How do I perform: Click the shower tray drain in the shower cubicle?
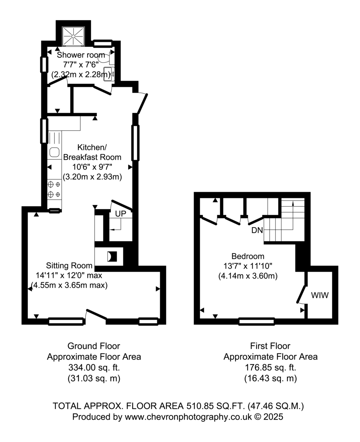click(73, 36)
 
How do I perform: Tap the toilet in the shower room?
click(106, 58)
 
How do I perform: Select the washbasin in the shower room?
click(109, 74)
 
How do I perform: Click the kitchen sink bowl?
click(54, 152)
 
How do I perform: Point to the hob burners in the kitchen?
click(54, 189)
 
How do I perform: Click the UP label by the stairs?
click(120, 214)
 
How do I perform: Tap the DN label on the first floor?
click(257, 230)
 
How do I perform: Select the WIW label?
click(320, 295)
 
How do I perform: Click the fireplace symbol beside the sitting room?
click(112, 256)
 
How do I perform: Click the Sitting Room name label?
click(69, 266)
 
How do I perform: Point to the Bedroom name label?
click(248, 256)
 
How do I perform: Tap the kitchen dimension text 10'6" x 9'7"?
click(92, 167)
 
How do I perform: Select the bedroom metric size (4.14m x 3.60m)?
click(248, 276)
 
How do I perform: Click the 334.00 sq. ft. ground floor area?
click(94, 368)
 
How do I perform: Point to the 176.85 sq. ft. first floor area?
click(271, 368)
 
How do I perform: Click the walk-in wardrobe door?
click(301, 294)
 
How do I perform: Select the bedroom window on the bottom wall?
click(257, 322)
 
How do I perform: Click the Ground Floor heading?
click(94, 346)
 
